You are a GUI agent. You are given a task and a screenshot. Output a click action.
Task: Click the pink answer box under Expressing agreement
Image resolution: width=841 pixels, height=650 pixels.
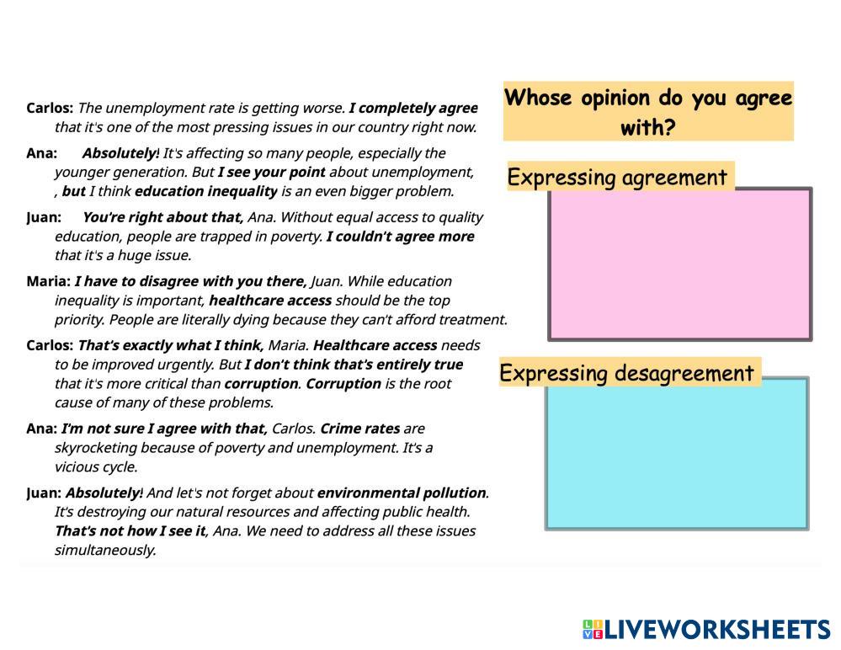(680, 264)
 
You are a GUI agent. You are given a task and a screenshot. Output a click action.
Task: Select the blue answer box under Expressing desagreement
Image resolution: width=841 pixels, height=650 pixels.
(677, 453)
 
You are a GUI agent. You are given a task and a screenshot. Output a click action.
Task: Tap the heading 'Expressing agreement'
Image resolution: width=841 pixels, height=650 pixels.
(617, 178)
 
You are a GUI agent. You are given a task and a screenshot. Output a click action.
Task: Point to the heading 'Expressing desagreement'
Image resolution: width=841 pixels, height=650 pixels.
(627, 373)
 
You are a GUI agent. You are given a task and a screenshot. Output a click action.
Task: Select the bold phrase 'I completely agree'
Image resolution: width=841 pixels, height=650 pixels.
(413, 108)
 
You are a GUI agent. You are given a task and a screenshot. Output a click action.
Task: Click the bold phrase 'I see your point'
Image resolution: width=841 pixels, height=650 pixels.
(271, 172)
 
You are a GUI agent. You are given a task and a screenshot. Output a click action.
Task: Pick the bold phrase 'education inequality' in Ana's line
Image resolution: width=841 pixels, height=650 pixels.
(205, 191)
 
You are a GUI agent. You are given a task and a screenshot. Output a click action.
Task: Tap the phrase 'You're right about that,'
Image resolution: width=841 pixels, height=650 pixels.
(162, 217)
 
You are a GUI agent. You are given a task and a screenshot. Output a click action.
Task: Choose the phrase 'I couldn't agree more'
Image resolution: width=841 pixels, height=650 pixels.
(400, 237)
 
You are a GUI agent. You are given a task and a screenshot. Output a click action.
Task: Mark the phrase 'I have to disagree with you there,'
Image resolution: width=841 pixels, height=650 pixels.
(191, 281)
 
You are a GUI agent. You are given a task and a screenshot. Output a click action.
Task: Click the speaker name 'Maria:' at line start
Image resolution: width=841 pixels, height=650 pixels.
(48, 281)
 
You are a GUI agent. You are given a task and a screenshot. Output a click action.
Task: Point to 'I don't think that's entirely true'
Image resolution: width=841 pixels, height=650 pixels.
(354, 365)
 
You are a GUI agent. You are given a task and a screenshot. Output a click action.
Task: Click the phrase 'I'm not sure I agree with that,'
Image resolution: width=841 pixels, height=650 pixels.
(164, 429)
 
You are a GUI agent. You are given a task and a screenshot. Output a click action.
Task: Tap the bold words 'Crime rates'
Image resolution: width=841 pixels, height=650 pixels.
(359, 429)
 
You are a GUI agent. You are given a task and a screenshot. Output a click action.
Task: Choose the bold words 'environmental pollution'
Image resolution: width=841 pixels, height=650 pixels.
(401, 493)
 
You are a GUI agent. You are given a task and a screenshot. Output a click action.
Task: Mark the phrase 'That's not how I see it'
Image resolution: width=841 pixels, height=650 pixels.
(130, 530)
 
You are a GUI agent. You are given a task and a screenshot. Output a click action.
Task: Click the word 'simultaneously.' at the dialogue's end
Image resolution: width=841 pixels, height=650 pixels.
(105, 550)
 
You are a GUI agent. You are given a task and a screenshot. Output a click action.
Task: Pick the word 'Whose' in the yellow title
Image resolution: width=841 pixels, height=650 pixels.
(537, 98)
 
